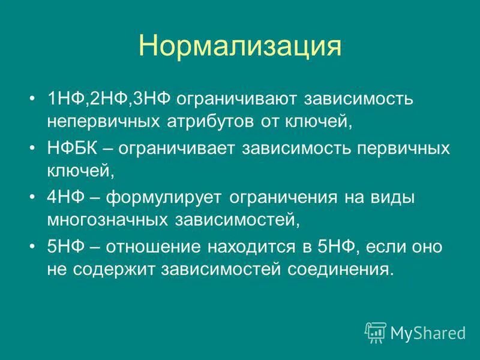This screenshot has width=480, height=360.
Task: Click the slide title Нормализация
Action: point(240,46)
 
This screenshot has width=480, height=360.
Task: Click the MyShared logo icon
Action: point(376,332)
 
